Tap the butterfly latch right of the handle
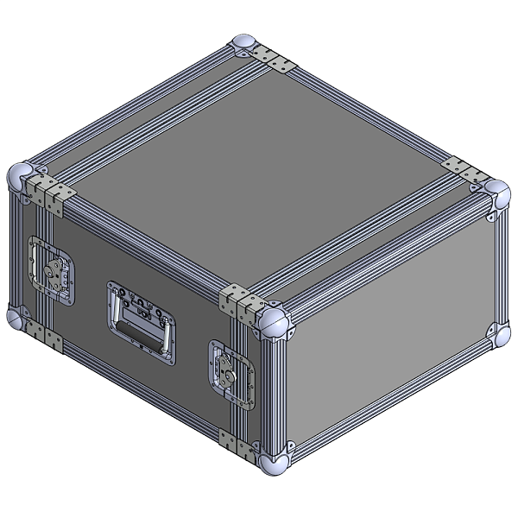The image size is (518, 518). (231, 370)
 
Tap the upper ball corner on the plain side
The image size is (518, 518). (496, 192)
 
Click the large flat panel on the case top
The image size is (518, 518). (259, 164)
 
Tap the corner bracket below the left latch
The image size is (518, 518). (41, 335)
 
